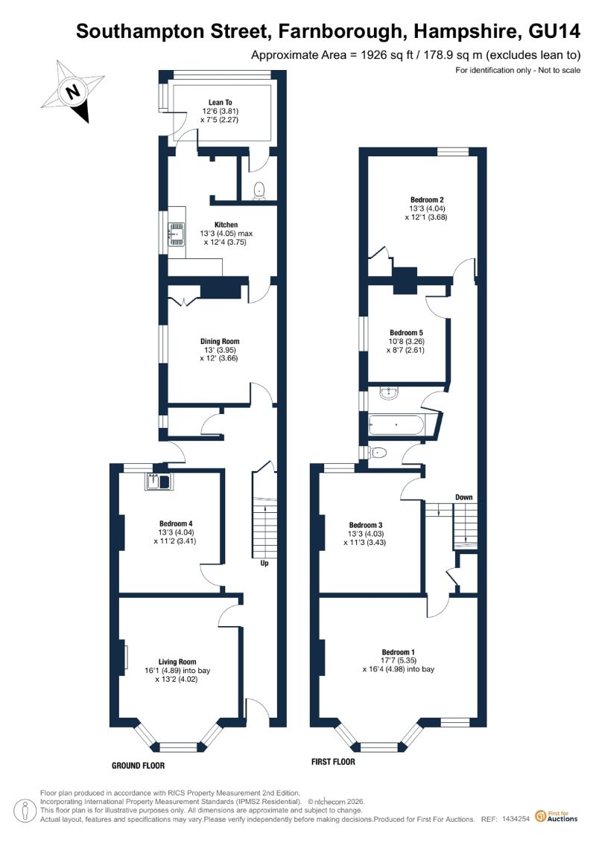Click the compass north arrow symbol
pos(74,91)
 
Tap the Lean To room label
pos(221,102)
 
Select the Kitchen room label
pos(226,225)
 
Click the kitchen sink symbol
pos(177,234)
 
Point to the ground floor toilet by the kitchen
pos(259,190)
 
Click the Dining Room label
pos(220,341)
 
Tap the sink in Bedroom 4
pos(157,482)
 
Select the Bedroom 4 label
pos(176,523)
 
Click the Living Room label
pos(177,662)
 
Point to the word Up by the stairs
pos(264,564)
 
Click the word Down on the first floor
pos(464,497)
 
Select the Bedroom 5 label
pos(406,333)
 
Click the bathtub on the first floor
pos(396,425)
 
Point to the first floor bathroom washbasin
pos(388,394)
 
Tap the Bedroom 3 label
pos(366,525)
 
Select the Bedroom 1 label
pos(399,652)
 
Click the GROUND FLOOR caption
pos(138,765)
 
